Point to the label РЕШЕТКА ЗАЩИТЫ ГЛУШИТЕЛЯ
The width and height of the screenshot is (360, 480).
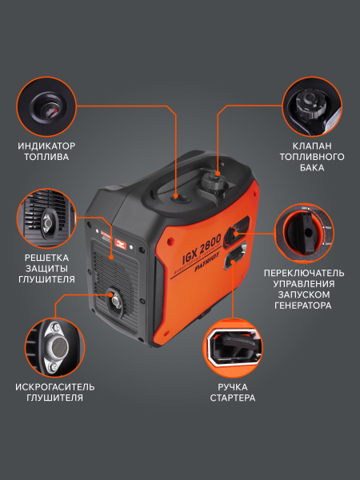coord(46,269)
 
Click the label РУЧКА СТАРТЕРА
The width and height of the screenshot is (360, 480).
coord(233,392)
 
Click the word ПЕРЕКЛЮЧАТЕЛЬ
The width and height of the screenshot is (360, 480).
coord(304,272)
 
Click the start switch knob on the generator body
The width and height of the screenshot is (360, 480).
coord(233,234)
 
